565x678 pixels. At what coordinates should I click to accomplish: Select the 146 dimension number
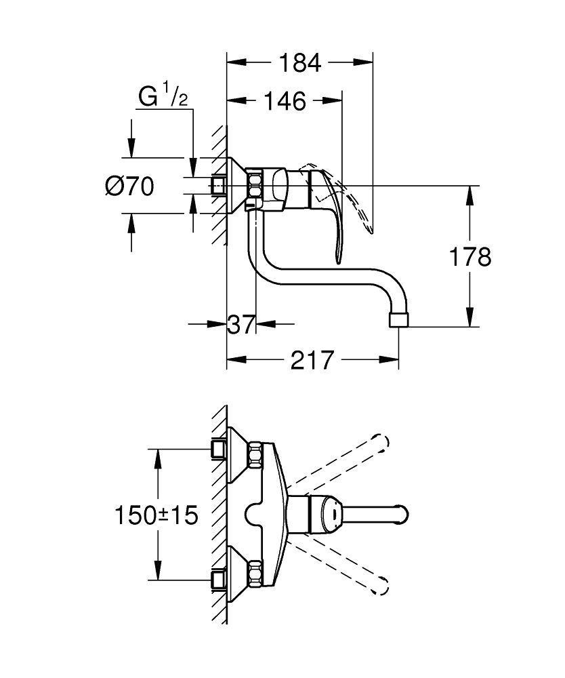(284, 102)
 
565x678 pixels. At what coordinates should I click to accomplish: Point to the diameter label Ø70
(129, 185)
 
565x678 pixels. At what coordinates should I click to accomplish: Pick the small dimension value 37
(240, 325)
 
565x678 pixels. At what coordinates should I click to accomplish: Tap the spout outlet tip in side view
(401, 319)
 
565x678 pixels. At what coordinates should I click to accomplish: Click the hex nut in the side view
(255, 184)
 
